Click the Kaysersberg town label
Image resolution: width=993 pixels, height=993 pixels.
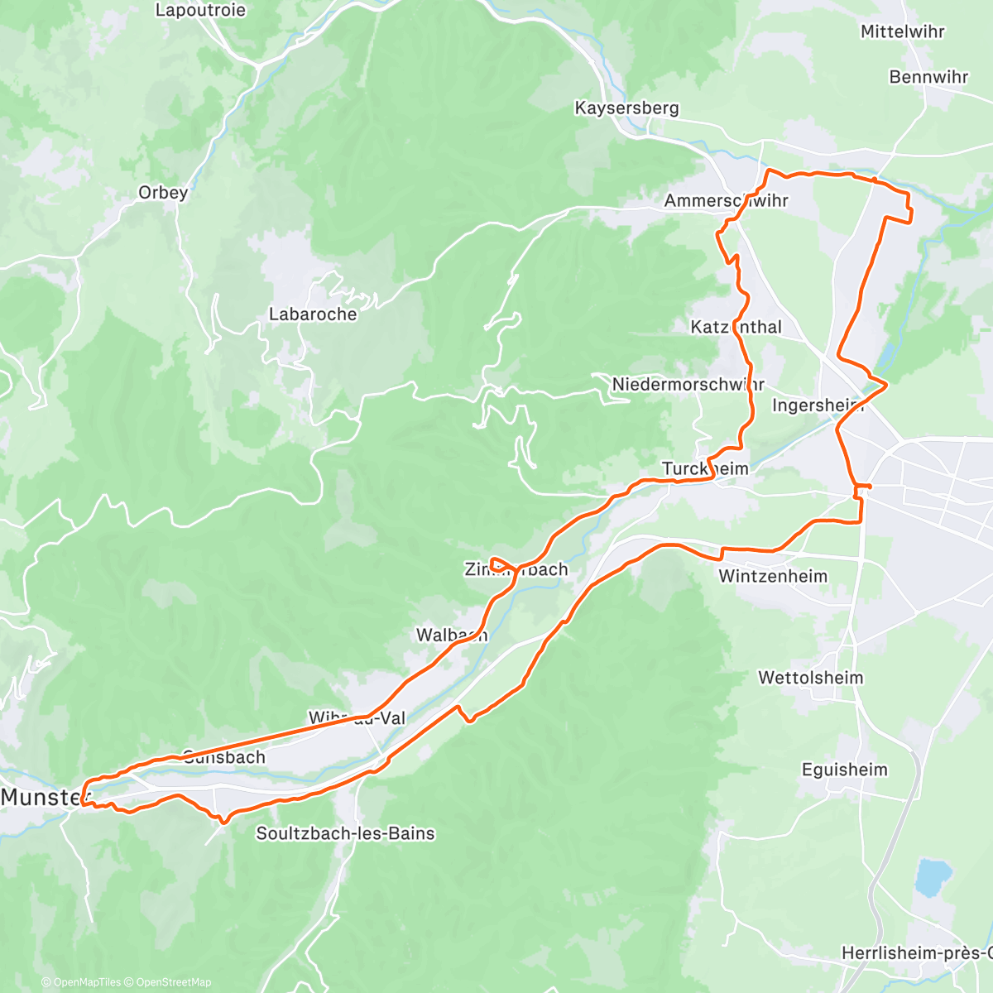[626, 108]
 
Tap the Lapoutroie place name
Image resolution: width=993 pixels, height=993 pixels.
[200, 11]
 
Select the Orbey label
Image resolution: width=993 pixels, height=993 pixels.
[163, 192]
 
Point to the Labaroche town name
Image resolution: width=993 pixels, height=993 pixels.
[313, 314]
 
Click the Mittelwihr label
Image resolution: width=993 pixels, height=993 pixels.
[902, 31]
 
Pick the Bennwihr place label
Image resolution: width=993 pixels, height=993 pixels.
[928, 77]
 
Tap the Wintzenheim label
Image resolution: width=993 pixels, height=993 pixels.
[773, 576]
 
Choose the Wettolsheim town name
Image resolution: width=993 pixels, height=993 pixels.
[810, 678]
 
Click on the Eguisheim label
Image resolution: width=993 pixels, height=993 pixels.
[844, 770]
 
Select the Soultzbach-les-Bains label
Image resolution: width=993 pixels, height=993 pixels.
[345, 833]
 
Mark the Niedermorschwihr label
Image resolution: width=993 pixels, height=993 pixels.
[688, 384]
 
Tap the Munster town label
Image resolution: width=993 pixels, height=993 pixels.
[45, 797]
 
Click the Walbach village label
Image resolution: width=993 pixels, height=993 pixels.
[451, 636]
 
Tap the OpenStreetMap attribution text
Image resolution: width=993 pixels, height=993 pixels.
[173, 982]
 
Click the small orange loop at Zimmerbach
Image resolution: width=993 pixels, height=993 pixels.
[501, 565]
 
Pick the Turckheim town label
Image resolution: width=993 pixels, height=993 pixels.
[705, 469]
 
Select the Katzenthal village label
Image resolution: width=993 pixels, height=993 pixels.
[736, 327]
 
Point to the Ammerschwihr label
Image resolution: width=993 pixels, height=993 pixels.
[726, 200]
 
